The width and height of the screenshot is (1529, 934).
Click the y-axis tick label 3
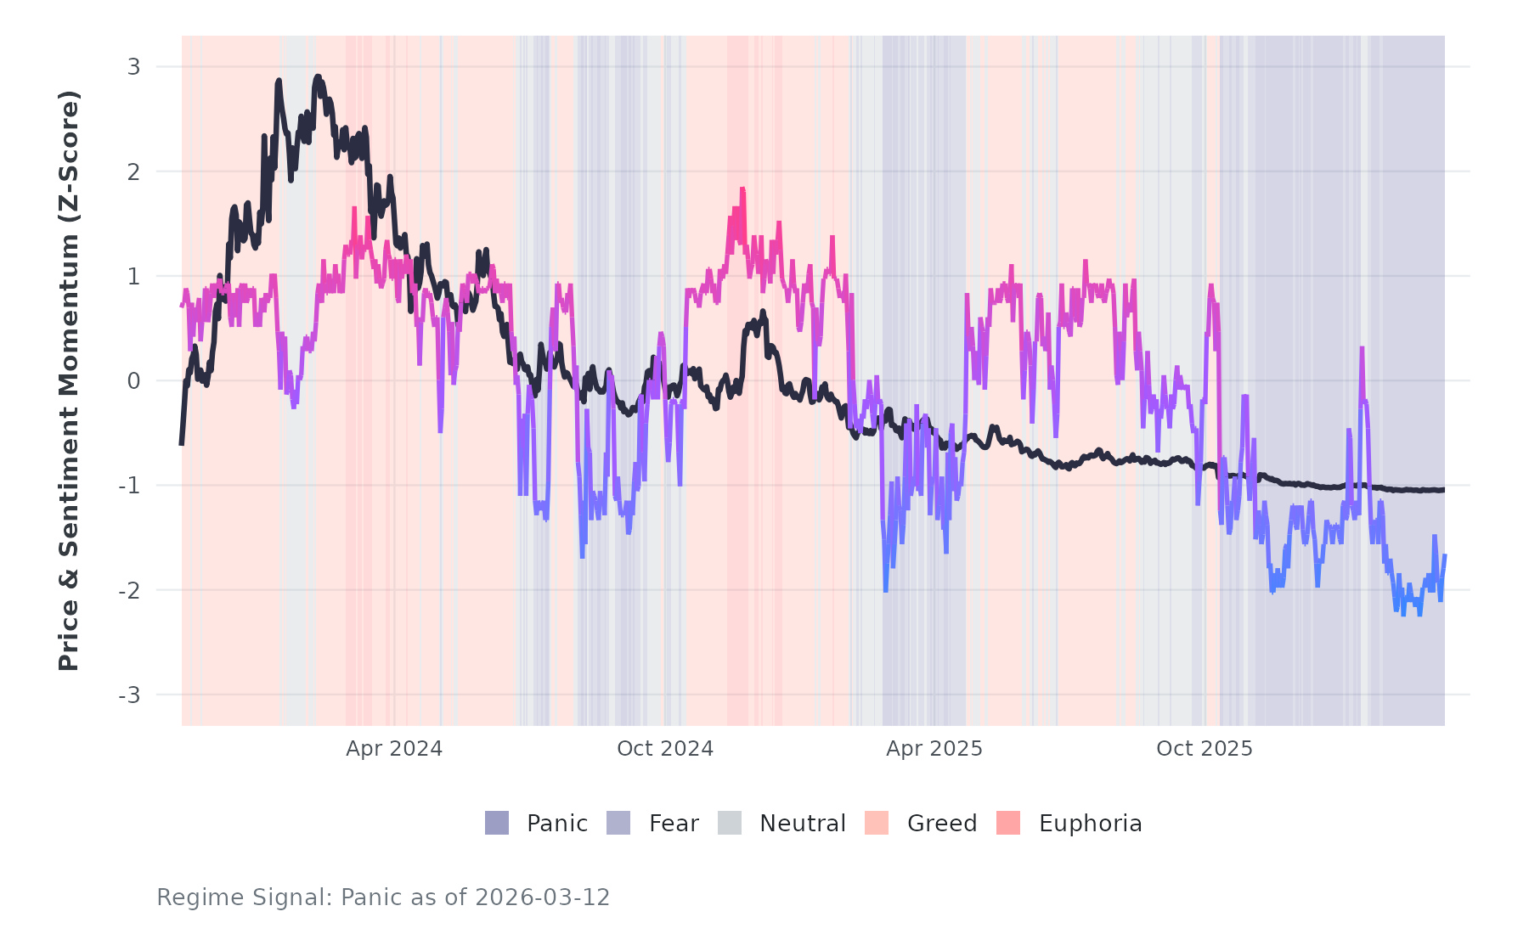click(133, 67)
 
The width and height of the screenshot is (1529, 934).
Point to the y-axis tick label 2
click(133, 172)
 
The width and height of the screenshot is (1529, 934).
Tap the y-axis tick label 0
click(133, 381)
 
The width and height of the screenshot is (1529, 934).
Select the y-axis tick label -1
click(129, 486)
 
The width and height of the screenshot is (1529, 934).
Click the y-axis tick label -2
click(129, 590)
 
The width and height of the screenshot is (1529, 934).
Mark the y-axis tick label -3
click(129, 695)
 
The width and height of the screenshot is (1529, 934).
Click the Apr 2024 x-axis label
click(394, 749)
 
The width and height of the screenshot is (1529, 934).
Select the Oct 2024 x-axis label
click(665, 749)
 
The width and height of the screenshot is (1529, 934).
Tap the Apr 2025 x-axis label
click(934, 749)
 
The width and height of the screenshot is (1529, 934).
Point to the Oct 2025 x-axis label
click(1205, 749)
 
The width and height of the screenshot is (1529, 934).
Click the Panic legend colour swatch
click(497, 823)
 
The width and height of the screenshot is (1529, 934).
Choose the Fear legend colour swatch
click(618, 823)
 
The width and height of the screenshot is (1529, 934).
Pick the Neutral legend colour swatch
click(730, 823)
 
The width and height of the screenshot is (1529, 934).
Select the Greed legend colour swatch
click(877, 823)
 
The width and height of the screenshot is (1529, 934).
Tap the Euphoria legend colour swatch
click(1008, 823)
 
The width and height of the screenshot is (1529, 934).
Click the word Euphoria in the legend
click(1090, 824)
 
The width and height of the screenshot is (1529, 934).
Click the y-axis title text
click(69, 380)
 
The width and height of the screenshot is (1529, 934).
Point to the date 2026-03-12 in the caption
click(542, 897)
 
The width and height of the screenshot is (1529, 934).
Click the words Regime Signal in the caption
click(243, 897)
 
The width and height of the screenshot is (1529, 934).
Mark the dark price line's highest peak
click(318, 77)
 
